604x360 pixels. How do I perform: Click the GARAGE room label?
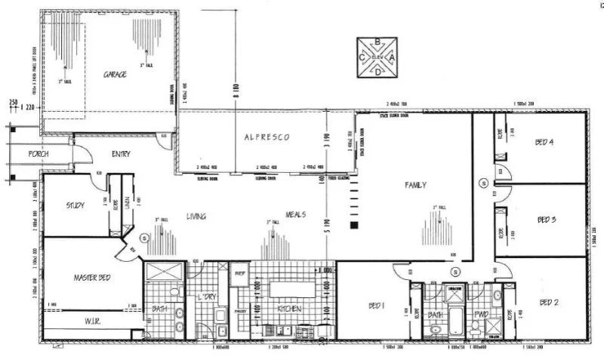[x=115, y=74]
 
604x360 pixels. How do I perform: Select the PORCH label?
[x=39, y=154]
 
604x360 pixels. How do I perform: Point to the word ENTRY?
[x=121, y=155]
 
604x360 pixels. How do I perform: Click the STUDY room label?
[x=75, y=205]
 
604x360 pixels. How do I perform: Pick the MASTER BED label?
[x=92, y=278]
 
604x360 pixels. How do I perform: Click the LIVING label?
[x=196, y=217]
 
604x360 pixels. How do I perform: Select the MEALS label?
[x=296, y=215]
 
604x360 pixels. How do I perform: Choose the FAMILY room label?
[x=416, y=184]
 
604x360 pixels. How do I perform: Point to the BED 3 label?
[x=547, y=220]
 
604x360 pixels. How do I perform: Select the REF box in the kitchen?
[x=240, y=272]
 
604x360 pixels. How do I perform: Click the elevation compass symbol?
[x=377, y=57]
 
